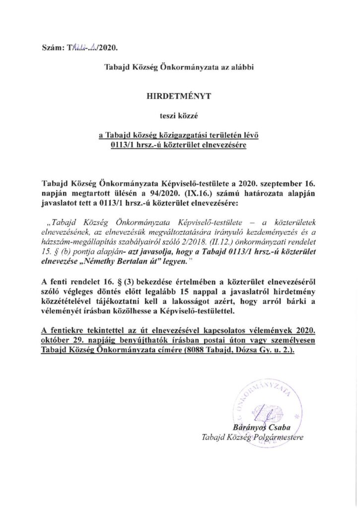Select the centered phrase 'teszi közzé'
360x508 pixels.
(181, 117)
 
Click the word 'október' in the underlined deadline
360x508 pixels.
(56, 340)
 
